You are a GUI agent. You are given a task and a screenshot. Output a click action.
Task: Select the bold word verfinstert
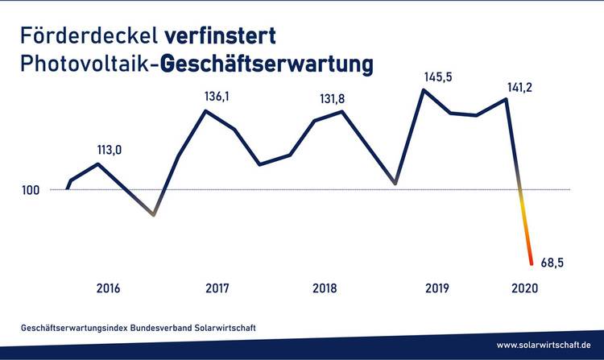click(221, 36)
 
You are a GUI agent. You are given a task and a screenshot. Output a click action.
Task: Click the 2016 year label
click(109, 288)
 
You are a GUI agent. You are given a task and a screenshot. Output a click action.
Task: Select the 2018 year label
click(325, 288)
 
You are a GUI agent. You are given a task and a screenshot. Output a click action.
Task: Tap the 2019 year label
click(436, 288)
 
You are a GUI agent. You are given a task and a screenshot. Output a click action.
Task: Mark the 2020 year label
click(524, 288)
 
